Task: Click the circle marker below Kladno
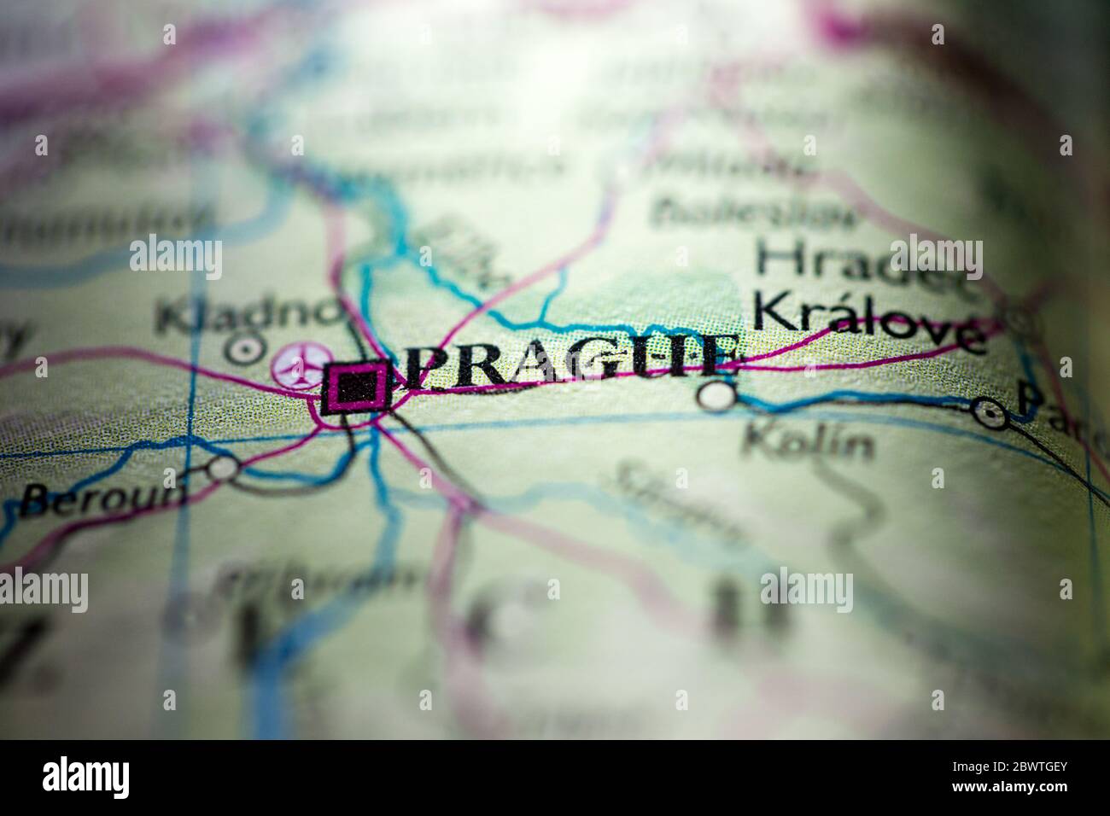pos(246,348)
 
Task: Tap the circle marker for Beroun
pos(223,466)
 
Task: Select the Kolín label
pos(807,442)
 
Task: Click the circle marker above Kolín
pos(716,394)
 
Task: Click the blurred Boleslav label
pos(756,209)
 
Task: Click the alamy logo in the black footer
pos(86,778)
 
